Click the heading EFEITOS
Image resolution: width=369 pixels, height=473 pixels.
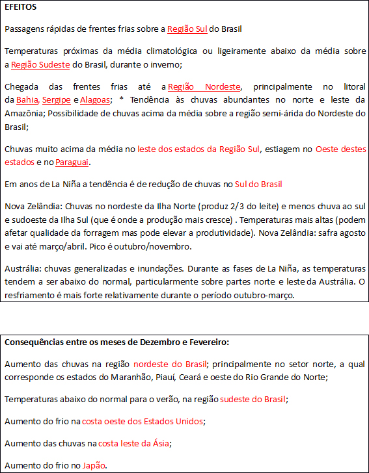pyautogui.click(x=21, y=7)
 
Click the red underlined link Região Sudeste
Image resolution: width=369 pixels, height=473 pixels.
pyautogui.click(x=40, y=65)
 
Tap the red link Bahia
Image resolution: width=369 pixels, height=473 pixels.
pyautogui.click(x=27, y=100)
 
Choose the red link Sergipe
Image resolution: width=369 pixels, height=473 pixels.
pyautogui.click(x=57, y=100)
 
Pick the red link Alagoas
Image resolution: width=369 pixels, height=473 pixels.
pyautogui.click(x=95, y=100)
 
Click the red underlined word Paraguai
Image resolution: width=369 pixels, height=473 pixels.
pyautogui.click(x=72, y=162)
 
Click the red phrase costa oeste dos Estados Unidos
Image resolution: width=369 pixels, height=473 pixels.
pyautogui.click(x=143, y=421)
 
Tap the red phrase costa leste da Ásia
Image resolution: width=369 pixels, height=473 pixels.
pyautogui.click(x=133, y=443)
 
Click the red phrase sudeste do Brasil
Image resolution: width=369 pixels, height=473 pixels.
pyautogui.click(x=253, y=399)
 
